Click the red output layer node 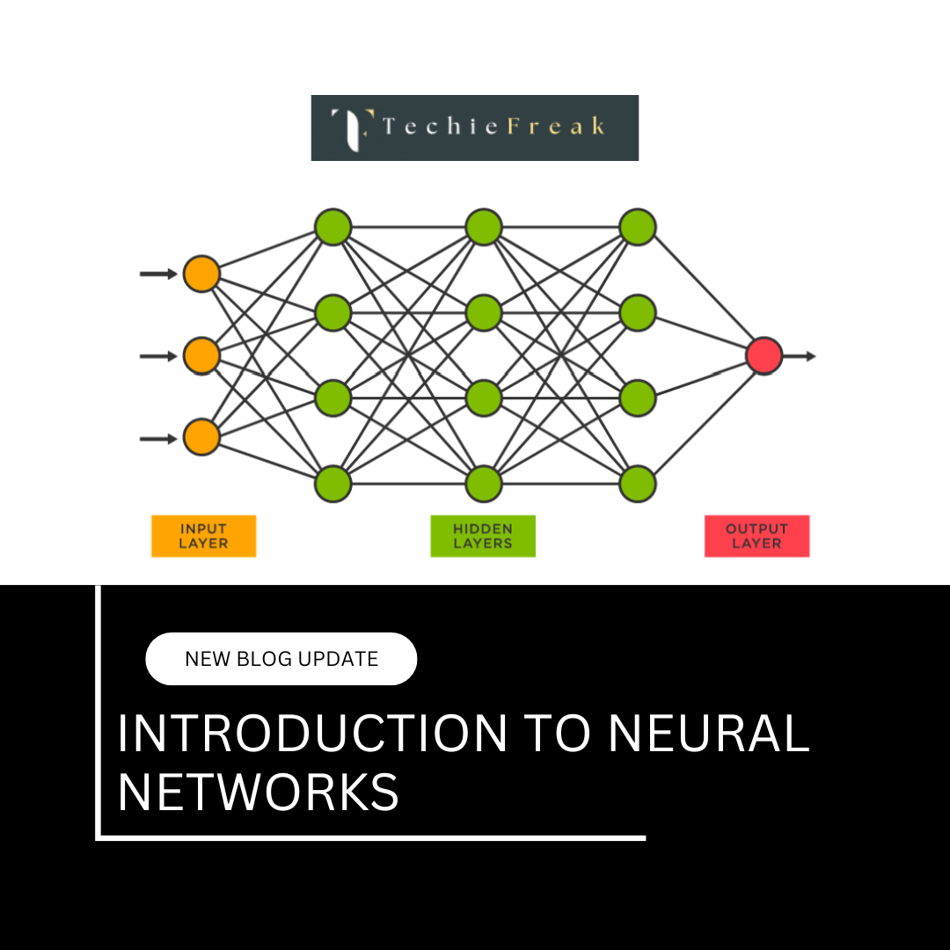click(x=764, y=355)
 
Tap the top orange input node click(x=201, y=274)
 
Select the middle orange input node click(x=201, y=355)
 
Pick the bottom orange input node click(x=201, y=437)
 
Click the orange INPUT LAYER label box click(x=203, y=536)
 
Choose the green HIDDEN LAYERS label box click(x=483, y=536)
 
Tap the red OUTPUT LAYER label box click(x=756, y=536)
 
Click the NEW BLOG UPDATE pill click(x=281, y=659)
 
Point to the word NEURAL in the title click(x=708, y=733)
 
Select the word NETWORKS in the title click(x=259, y=791)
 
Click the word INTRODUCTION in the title click(x=312, y=733)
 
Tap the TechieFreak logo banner click(x=475, y=128)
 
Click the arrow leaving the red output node click(x=800, y=355)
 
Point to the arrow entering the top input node click(x=159, y=274)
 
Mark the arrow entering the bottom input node click(x=159, y=437)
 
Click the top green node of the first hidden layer click(x=333, y=227)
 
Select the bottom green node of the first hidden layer click(x=333, y=483)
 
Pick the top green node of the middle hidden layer click(x=484, y=227)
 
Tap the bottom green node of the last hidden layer click(x=638, y=483)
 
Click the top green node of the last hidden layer click(x=638, y=227)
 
